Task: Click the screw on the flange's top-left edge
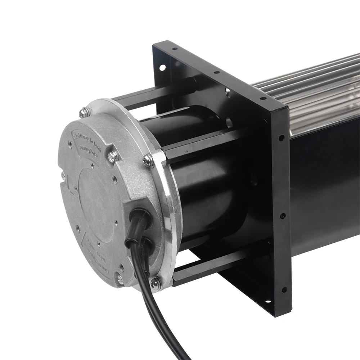pyautogui.click(x=84, y=113)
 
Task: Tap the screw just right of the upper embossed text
pyautogui.click(x=113, y=156)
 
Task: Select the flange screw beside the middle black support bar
pyautogui.click(x=148, y=161)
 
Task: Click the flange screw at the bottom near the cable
pyautogui.click(x=156, y=283)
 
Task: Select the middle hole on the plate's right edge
pyautogui.click(x=283, y=216)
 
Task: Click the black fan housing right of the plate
pyautogui.click(x=324, y=187)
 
